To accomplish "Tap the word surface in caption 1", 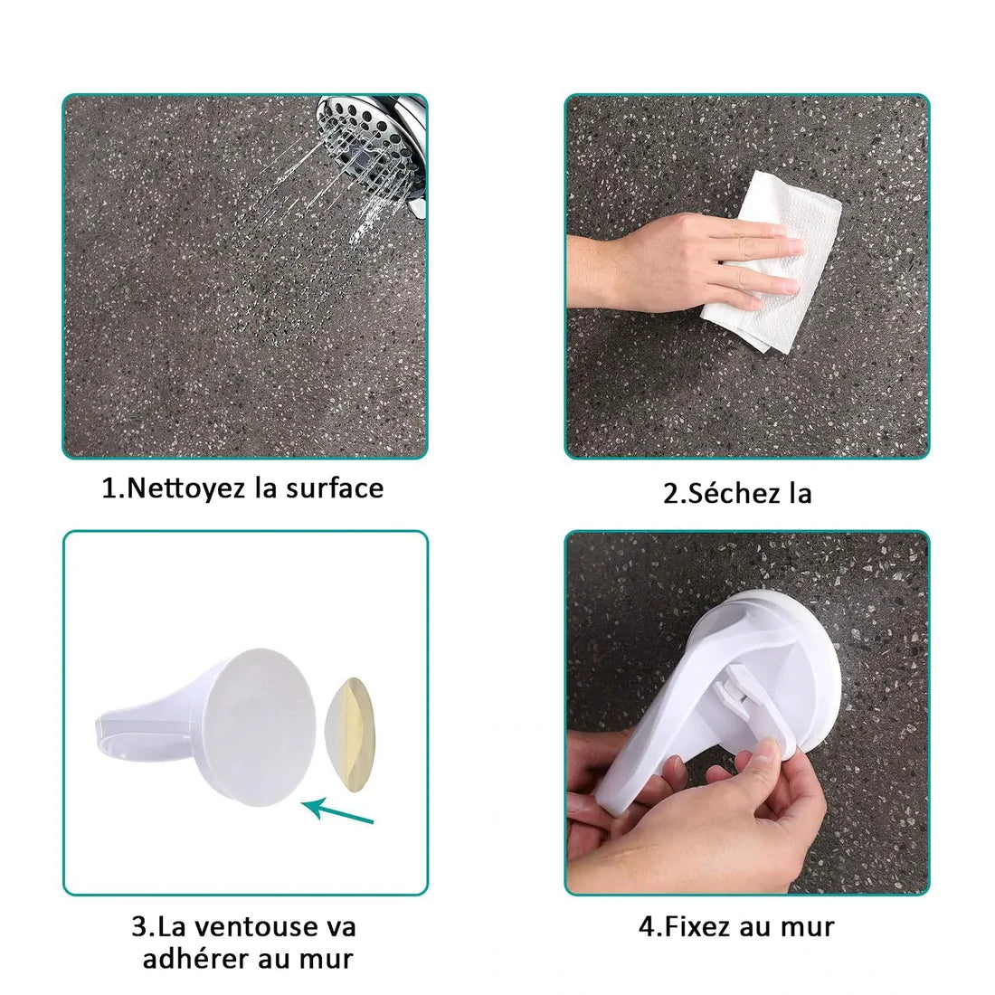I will click(335, 488).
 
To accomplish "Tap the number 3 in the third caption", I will click(139, 927).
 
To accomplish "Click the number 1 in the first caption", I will click(109, 488).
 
